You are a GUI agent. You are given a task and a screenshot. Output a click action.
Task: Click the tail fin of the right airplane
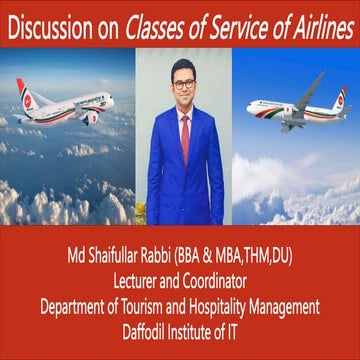click(340, 98)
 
